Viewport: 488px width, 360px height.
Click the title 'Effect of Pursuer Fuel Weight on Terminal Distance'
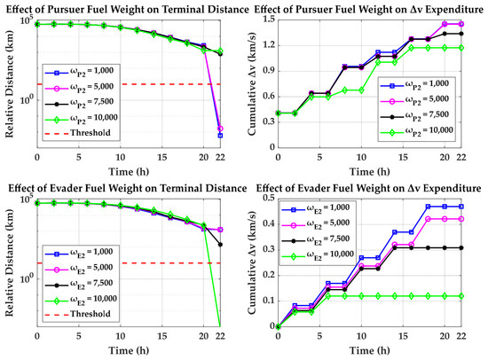(x=127, y=10)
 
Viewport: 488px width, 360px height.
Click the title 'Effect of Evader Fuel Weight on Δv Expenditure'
(x=368, y=188)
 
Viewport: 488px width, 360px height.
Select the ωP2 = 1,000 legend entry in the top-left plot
(x=79, y=72)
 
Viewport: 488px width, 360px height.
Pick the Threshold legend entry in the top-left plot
(x=78, y=133)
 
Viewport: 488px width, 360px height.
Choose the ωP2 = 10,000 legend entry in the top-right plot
(x=416, y=131)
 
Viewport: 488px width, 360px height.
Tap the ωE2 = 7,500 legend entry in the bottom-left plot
(x=79, y=284)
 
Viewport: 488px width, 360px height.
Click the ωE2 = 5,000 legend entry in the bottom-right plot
(x=316, y=224)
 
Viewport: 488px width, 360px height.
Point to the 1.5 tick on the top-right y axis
(x=270, y=20)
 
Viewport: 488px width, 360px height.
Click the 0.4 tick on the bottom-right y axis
(x=270, y=223)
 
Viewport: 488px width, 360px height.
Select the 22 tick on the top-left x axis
(x=220, y=157)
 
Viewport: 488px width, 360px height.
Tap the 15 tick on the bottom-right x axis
(x=403, y=336)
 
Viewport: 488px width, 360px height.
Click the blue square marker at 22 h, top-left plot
(x=220, y=136)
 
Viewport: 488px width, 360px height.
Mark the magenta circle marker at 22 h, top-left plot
(x=220, y=129)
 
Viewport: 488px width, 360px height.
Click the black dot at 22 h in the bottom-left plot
(x=220, y=245)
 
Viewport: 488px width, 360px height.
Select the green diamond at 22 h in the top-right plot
(x=461, y=48)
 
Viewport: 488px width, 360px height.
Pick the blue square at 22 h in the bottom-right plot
(x=461, y=207)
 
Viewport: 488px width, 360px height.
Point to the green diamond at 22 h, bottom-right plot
(x=461, y=296)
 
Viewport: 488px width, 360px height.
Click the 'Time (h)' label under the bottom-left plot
(x=129, y=350)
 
